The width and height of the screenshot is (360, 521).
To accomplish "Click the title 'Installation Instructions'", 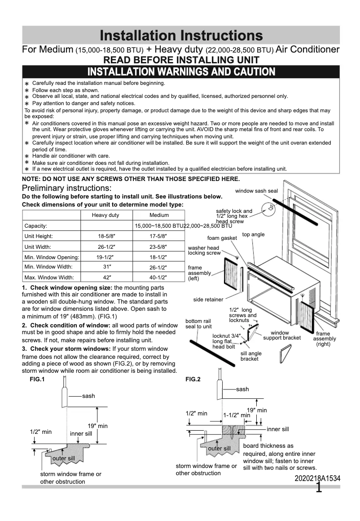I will (x=181, y=35).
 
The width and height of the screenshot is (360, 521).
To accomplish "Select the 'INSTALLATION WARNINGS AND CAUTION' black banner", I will (x=181, y=72).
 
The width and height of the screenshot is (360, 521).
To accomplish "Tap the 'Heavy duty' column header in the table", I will (x=105, y=215).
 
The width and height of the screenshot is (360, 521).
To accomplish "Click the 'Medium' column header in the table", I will (x=159, y=215).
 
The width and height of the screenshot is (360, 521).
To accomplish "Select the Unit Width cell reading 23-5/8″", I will (x=158, y=247).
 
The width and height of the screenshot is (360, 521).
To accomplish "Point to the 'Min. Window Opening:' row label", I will (x=52, y=257).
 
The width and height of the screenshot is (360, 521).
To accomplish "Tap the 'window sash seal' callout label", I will (x=256, y=191).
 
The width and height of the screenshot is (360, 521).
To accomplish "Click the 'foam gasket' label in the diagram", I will (x=222, y=238).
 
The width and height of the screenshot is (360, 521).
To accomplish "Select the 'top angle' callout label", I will (x=253, y=234).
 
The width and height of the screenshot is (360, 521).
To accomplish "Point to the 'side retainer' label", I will (x=208, y=300).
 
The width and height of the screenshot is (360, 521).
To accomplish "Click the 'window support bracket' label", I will (x=282, y=336).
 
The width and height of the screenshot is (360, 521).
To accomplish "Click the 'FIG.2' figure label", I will (x=193, y=379).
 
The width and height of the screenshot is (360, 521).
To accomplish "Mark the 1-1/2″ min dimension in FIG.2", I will (x=237, y=415).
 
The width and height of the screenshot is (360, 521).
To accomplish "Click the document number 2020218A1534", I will (x=317, y=479).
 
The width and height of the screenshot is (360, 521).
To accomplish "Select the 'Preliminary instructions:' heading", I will (x=67, y=188).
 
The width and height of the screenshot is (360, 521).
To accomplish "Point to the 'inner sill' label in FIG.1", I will (x=81, y=433).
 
